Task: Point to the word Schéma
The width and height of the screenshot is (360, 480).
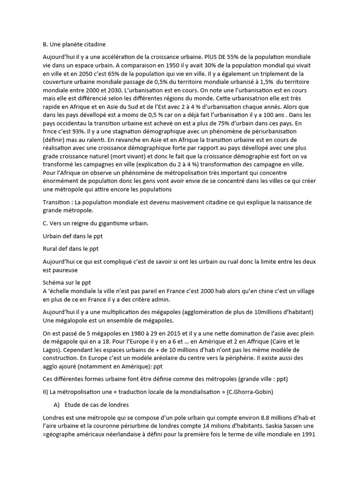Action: (x=54, y=283)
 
